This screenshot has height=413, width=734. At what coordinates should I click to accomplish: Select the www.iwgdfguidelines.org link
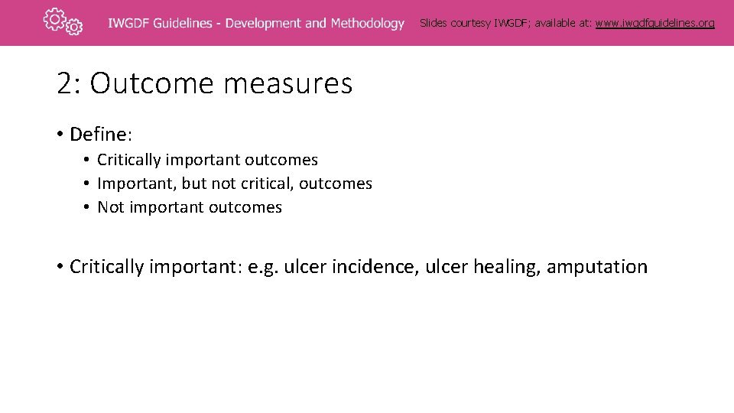pos(654,23)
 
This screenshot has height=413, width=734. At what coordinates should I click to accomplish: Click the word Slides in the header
pos(434,23)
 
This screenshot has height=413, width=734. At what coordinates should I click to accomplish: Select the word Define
pos(98,135)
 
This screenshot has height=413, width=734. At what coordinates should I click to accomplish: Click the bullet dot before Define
pos(59,135)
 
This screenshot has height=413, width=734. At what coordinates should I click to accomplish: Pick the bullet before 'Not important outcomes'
pos(88,207)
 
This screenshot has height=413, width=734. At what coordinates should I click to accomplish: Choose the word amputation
pos(596,267)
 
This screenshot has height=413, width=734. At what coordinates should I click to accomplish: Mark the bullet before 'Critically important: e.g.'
pos(59,267)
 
